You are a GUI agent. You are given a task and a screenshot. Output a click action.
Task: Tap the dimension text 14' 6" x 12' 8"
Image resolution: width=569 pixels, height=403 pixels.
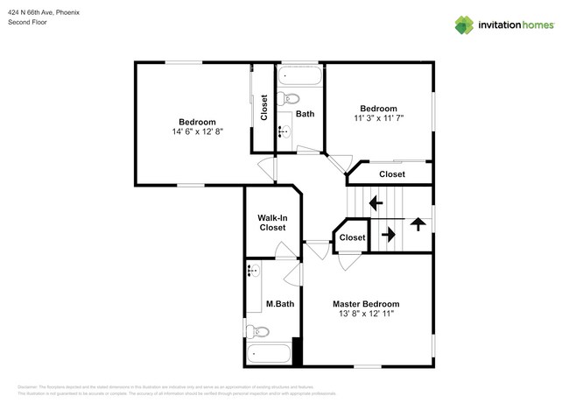click(197, 132)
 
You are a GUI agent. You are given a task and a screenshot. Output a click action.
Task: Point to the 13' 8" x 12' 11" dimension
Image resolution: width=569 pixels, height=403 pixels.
click(366, 315)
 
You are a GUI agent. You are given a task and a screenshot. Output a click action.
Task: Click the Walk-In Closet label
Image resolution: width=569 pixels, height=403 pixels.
click(271, 223)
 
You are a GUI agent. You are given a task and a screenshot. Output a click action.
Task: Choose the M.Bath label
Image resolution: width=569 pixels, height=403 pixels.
click(279, 305)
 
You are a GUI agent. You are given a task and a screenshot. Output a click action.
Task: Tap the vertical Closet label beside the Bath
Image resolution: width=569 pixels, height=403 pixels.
click(263, 109)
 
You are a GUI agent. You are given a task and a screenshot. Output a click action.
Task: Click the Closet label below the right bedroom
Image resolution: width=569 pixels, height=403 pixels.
click(392, 174)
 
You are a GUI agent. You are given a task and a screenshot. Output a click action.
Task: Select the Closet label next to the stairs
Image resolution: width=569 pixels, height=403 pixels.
click(352, 237)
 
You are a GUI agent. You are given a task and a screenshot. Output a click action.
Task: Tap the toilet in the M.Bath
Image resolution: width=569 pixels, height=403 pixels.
click(257, 332)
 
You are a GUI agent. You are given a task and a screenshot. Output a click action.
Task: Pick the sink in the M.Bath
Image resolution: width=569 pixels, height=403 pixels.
click(254, 272)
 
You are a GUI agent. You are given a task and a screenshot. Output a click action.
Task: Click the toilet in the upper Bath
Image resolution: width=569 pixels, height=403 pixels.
click(292, 98)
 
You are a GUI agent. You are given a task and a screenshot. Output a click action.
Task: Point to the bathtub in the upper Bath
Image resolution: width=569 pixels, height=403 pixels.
click(300, 74)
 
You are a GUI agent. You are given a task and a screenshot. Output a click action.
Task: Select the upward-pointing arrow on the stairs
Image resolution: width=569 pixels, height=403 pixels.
click(418, 224)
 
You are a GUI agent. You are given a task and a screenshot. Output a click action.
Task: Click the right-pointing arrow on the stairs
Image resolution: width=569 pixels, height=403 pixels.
click(386, 235)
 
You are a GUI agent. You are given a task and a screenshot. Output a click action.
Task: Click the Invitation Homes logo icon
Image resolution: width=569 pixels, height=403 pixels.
click(463, 25)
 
